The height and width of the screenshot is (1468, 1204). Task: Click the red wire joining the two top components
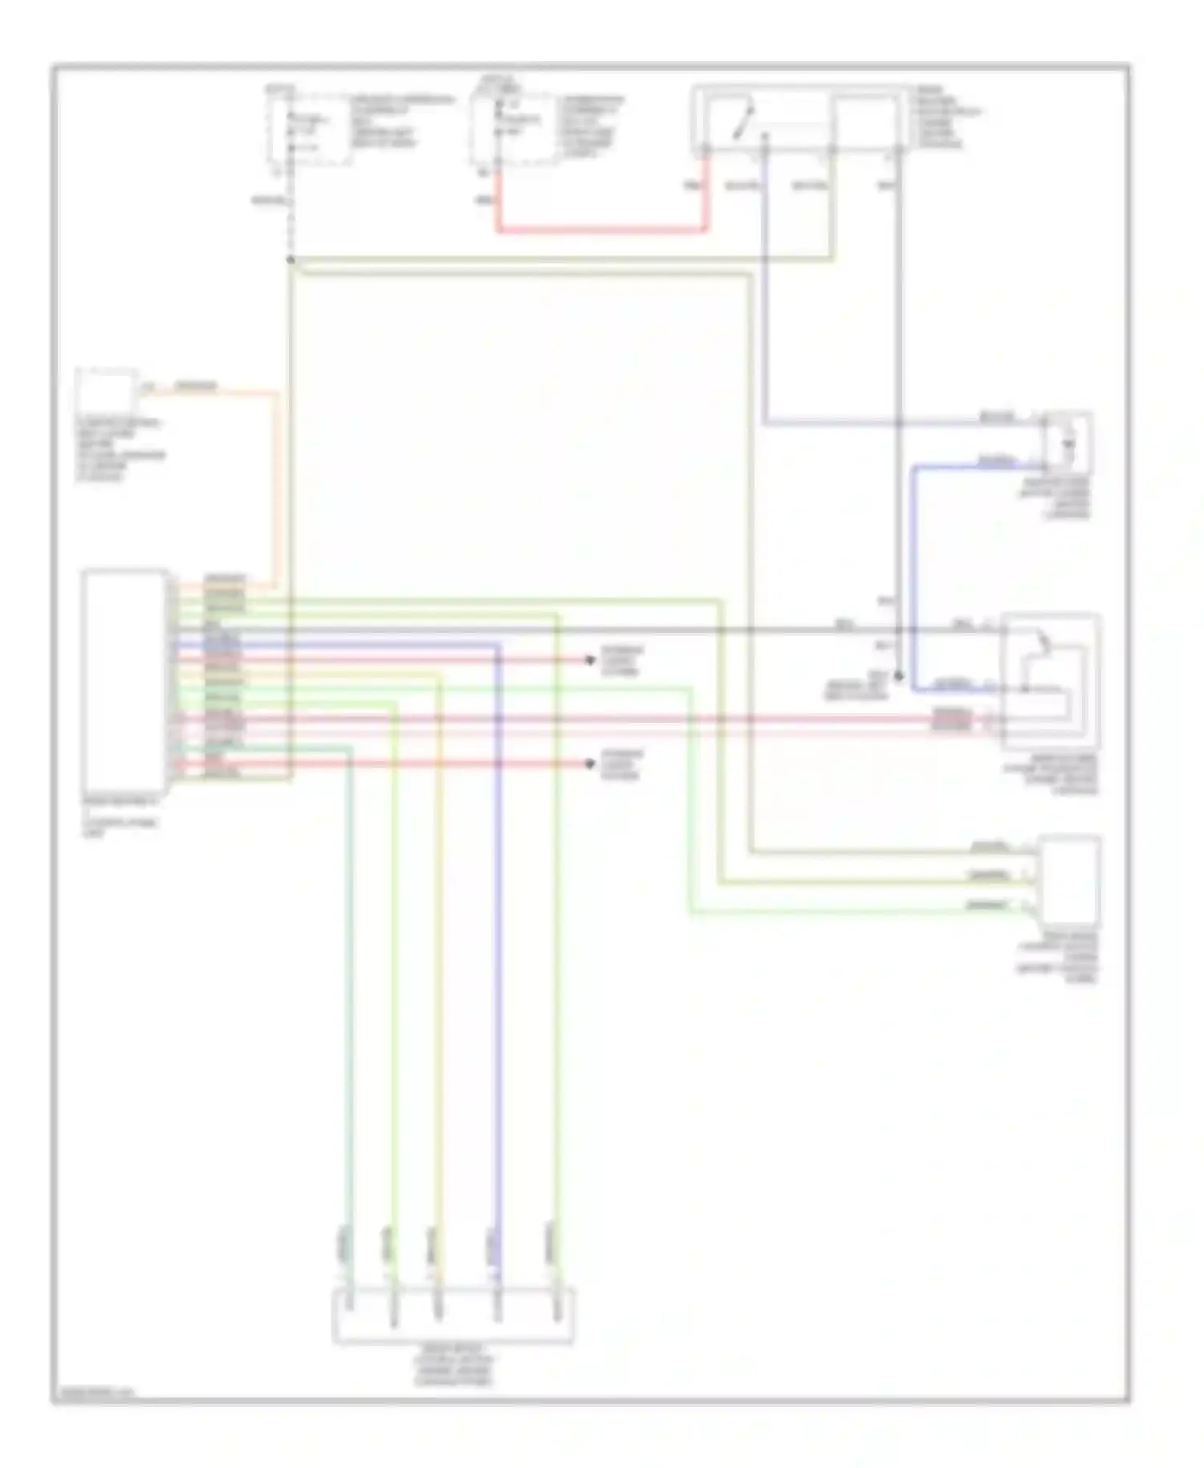coord(602,230)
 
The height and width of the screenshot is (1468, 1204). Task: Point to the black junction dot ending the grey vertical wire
coord(898,677)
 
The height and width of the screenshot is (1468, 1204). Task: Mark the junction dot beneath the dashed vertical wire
coord(291,259)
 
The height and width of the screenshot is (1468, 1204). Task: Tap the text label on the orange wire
coord(197,386)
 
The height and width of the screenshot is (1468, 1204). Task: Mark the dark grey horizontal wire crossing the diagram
coord(562,630)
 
